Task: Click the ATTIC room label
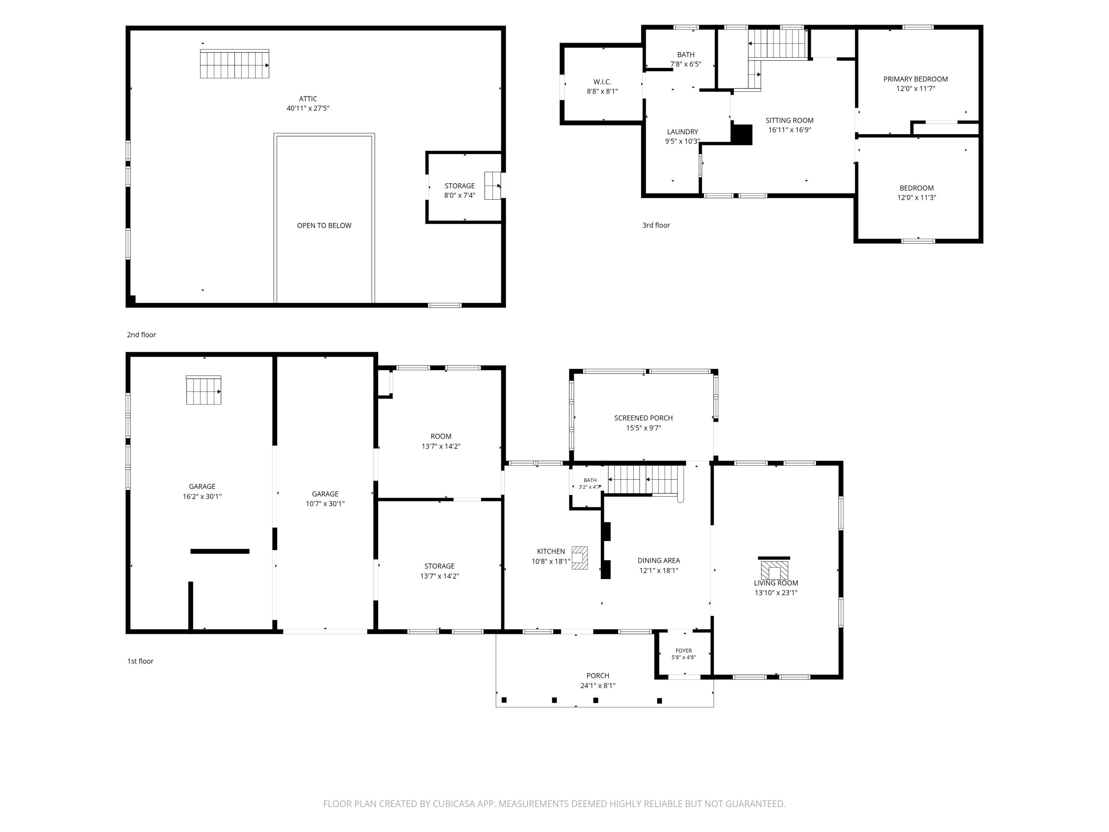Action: (308, 99)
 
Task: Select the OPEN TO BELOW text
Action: (324, 226)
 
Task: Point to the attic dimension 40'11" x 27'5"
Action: (308, 108)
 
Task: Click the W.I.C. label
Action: (602, 82)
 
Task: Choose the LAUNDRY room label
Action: (682, 132)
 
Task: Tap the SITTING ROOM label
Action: (789, 120)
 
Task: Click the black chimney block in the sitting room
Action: (742, 134)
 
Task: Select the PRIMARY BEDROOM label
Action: (915, 79)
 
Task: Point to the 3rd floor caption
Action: (656, 225)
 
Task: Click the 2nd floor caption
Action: (141, 335)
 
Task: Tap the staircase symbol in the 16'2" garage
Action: (204, 390)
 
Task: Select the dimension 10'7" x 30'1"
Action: (325, 504)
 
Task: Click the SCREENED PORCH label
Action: (643, 418)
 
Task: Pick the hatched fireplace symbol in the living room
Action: (774, 570)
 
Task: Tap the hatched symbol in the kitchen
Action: (580, 558)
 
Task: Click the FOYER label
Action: (684, 650)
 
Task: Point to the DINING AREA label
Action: (659, 561)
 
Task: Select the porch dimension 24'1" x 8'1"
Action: (598, 686)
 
